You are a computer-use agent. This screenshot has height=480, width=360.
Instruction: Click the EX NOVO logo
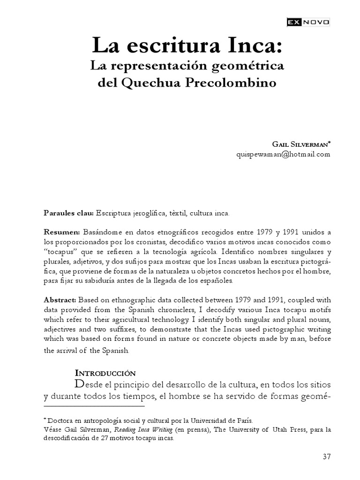308,22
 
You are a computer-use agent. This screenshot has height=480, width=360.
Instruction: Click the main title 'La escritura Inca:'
187,46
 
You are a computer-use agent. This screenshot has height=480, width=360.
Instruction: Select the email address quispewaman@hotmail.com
284,154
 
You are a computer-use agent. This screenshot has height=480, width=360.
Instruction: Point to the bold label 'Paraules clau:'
68,213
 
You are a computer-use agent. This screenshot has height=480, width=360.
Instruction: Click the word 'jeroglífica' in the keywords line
153,213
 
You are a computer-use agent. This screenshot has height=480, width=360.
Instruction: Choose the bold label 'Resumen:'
62,232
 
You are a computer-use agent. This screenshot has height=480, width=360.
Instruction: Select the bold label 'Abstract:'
60,300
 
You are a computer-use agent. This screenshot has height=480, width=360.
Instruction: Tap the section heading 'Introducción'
105,373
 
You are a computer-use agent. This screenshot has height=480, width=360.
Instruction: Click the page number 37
327,457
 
